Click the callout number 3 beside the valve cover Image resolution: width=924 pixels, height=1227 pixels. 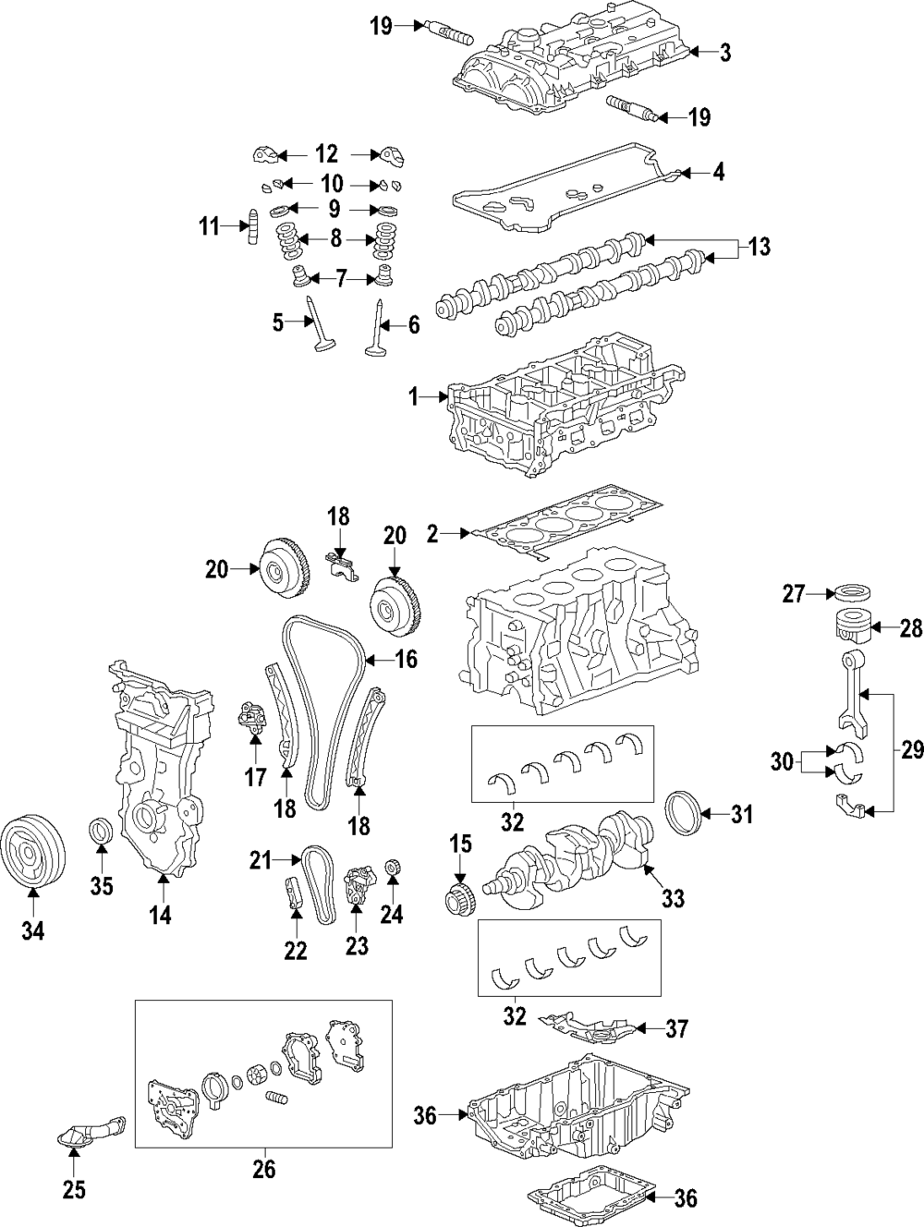pos(725,54)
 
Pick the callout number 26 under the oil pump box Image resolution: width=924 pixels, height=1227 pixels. pos(264,1170)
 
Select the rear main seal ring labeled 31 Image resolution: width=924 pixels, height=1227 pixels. pos(685,811)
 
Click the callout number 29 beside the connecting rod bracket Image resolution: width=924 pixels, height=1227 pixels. pos(911,751)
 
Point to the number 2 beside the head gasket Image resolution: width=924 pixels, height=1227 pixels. pos(432,532)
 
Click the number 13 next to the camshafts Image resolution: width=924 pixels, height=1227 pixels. pos(758,247)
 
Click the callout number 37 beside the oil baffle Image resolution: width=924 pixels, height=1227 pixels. pos(676,1028)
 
